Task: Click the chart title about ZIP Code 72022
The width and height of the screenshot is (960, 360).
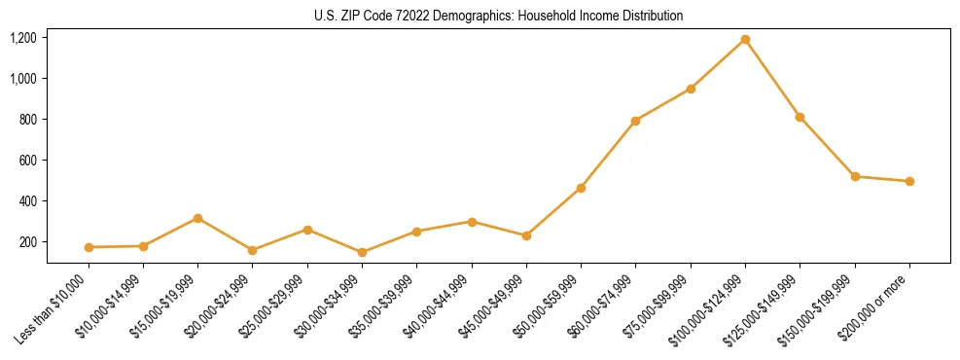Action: coord(498,16)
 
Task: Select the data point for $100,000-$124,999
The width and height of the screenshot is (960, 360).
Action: coord(745,40)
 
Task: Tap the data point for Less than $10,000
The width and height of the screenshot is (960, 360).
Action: coord(89,247)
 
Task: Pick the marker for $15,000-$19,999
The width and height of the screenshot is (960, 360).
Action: coord(197,218)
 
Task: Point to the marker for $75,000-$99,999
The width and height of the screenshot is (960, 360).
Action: coord(691,89)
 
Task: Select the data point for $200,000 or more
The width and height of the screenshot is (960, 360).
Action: coord(909,181)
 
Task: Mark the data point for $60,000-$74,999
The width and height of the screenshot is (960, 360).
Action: coord(635,121)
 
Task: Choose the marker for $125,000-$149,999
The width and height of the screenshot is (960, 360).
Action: coord(800,117)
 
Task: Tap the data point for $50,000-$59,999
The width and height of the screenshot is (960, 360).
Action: coord(581,188)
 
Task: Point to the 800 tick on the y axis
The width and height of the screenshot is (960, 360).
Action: coord(27,120)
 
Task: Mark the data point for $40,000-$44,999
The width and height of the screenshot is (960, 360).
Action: coord(472,222)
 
